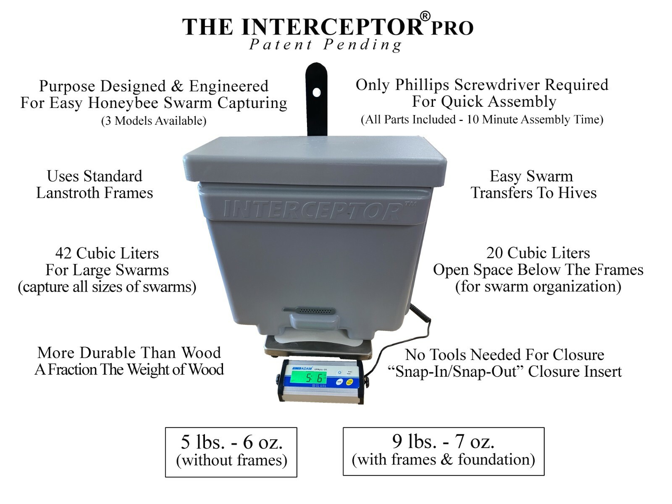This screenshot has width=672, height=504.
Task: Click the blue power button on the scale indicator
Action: pos(339,373)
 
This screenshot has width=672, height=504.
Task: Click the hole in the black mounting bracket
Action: pos(317,92)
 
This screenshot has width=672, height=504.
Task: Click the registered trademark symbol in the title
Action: pos(425,17)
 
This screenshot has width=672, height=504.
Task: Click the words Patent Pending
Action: pos(325,45)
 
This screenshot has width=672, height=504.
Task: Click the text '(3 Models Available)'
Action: pos(154,121)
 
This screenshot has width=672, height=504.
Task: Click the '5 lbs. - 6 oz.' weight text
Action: pos(231,442)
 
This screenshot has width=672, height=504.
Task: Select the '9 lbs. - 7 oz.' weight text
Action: pos(443,441)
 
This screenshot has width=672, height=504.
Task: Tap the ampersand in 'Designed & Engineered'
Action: pos(177,86)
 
